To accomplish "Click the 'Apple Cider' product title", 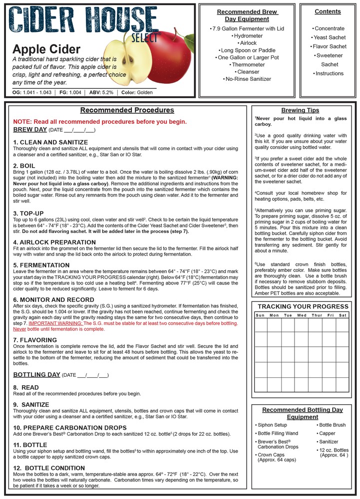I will [46, 49].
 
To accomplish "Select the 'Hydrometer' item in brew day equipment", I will [248, 36].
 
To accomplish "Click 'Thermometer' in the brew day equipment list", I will [248, 64].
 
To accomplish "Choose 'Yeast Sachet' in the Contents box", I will [329, 37].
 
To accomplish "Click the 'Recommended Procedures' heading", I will [127, 110].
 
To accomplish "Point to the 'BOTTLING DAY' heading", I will [37, 374].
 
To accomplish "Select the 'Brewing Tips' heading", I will [300, 110].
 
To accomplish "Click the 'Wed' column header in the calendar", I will [302, 315].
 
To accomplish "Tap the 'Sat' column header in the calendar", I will [343, 315].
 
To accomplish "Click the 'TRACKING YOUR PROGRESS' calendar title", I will [302, 306].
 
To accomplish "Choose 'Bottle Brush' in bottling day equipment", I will [332, 425].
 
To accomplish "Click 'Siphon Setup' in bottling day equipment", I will [273, 425].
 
